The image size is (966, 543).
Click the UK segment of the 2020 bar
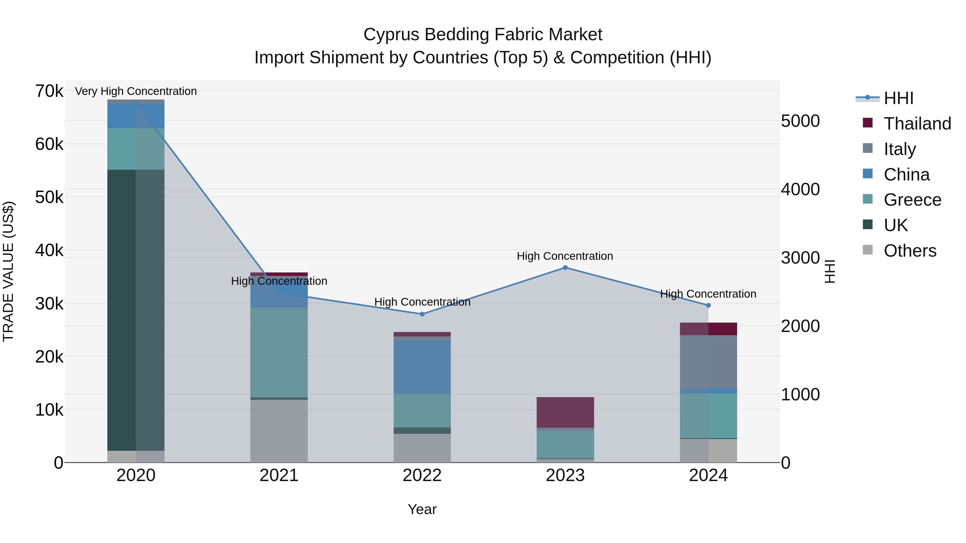coord(136,310)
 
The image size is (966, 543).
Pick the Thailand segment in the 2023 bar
coord(565,412)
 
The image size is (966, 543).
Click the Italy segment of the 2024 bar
coord(708,361)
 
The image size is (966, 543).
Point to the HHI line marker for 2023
coord(565,268)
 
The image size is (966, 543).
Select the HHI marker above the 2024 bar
coord(708,305)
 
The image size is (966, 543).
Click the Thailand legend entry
coord(917,124)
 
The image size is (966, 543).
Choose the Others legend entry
coord(910,251)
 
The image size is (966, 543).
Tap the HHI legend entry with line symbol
coord(898,98)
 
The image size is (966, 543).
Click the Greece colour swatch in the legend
coord(867,199)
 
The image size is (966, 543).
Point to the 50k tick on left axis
coord(49,197)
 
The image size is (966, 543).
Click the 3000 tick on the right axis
coord(800,258)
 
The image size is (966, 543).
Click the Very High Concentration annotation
coord(136,91)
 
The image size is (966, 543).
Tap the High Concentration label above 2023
coord(565,256)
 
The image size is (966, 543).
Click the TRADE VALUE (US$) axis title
coord(8,271)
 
